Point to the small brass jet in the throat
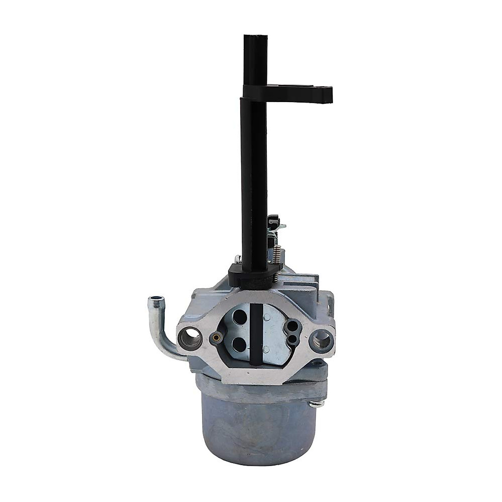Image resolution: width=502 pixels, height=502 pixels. pos(216,337)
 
